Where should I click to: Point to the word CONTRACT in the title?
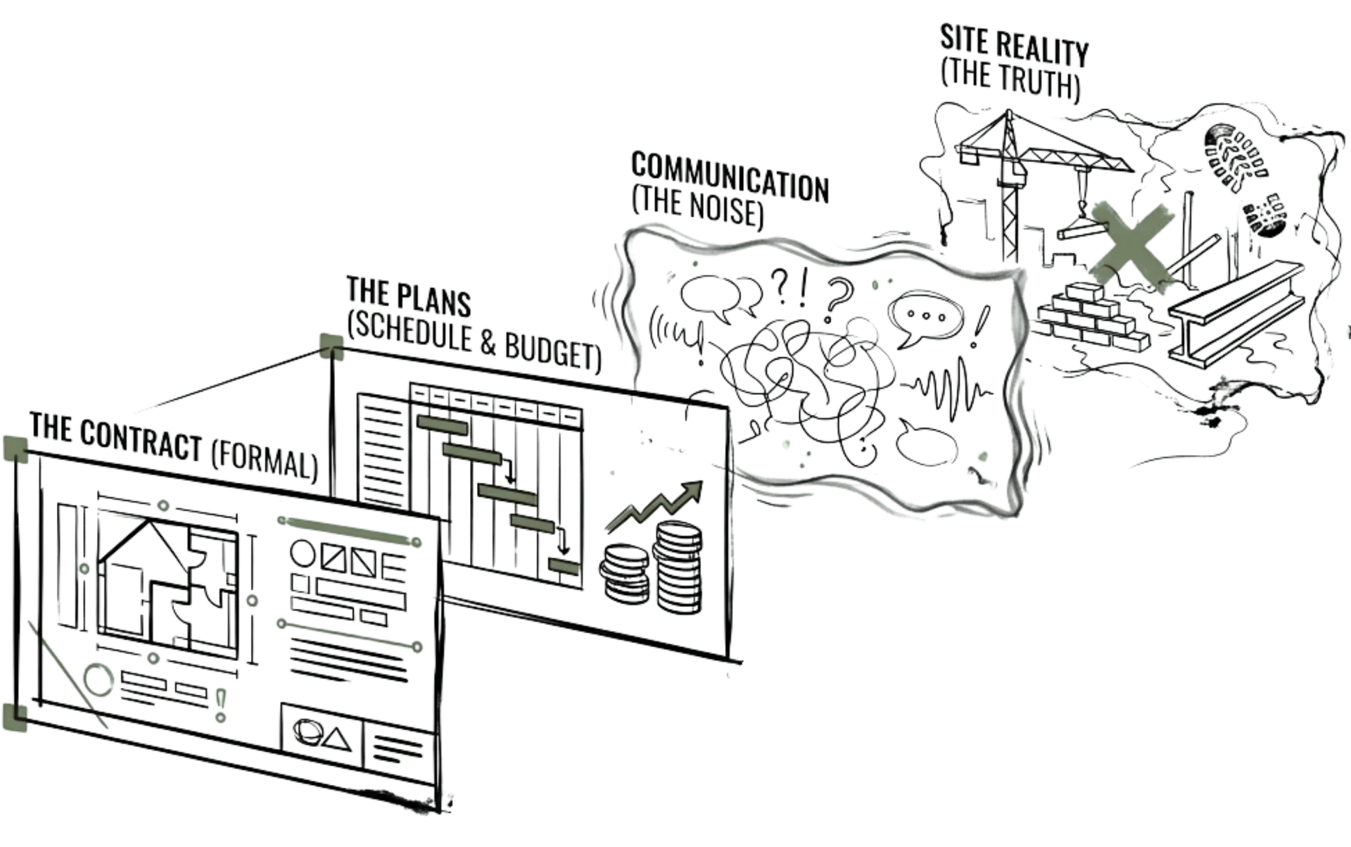point(141,439)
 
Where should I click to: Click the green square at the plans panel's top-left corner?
point(330,344)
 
